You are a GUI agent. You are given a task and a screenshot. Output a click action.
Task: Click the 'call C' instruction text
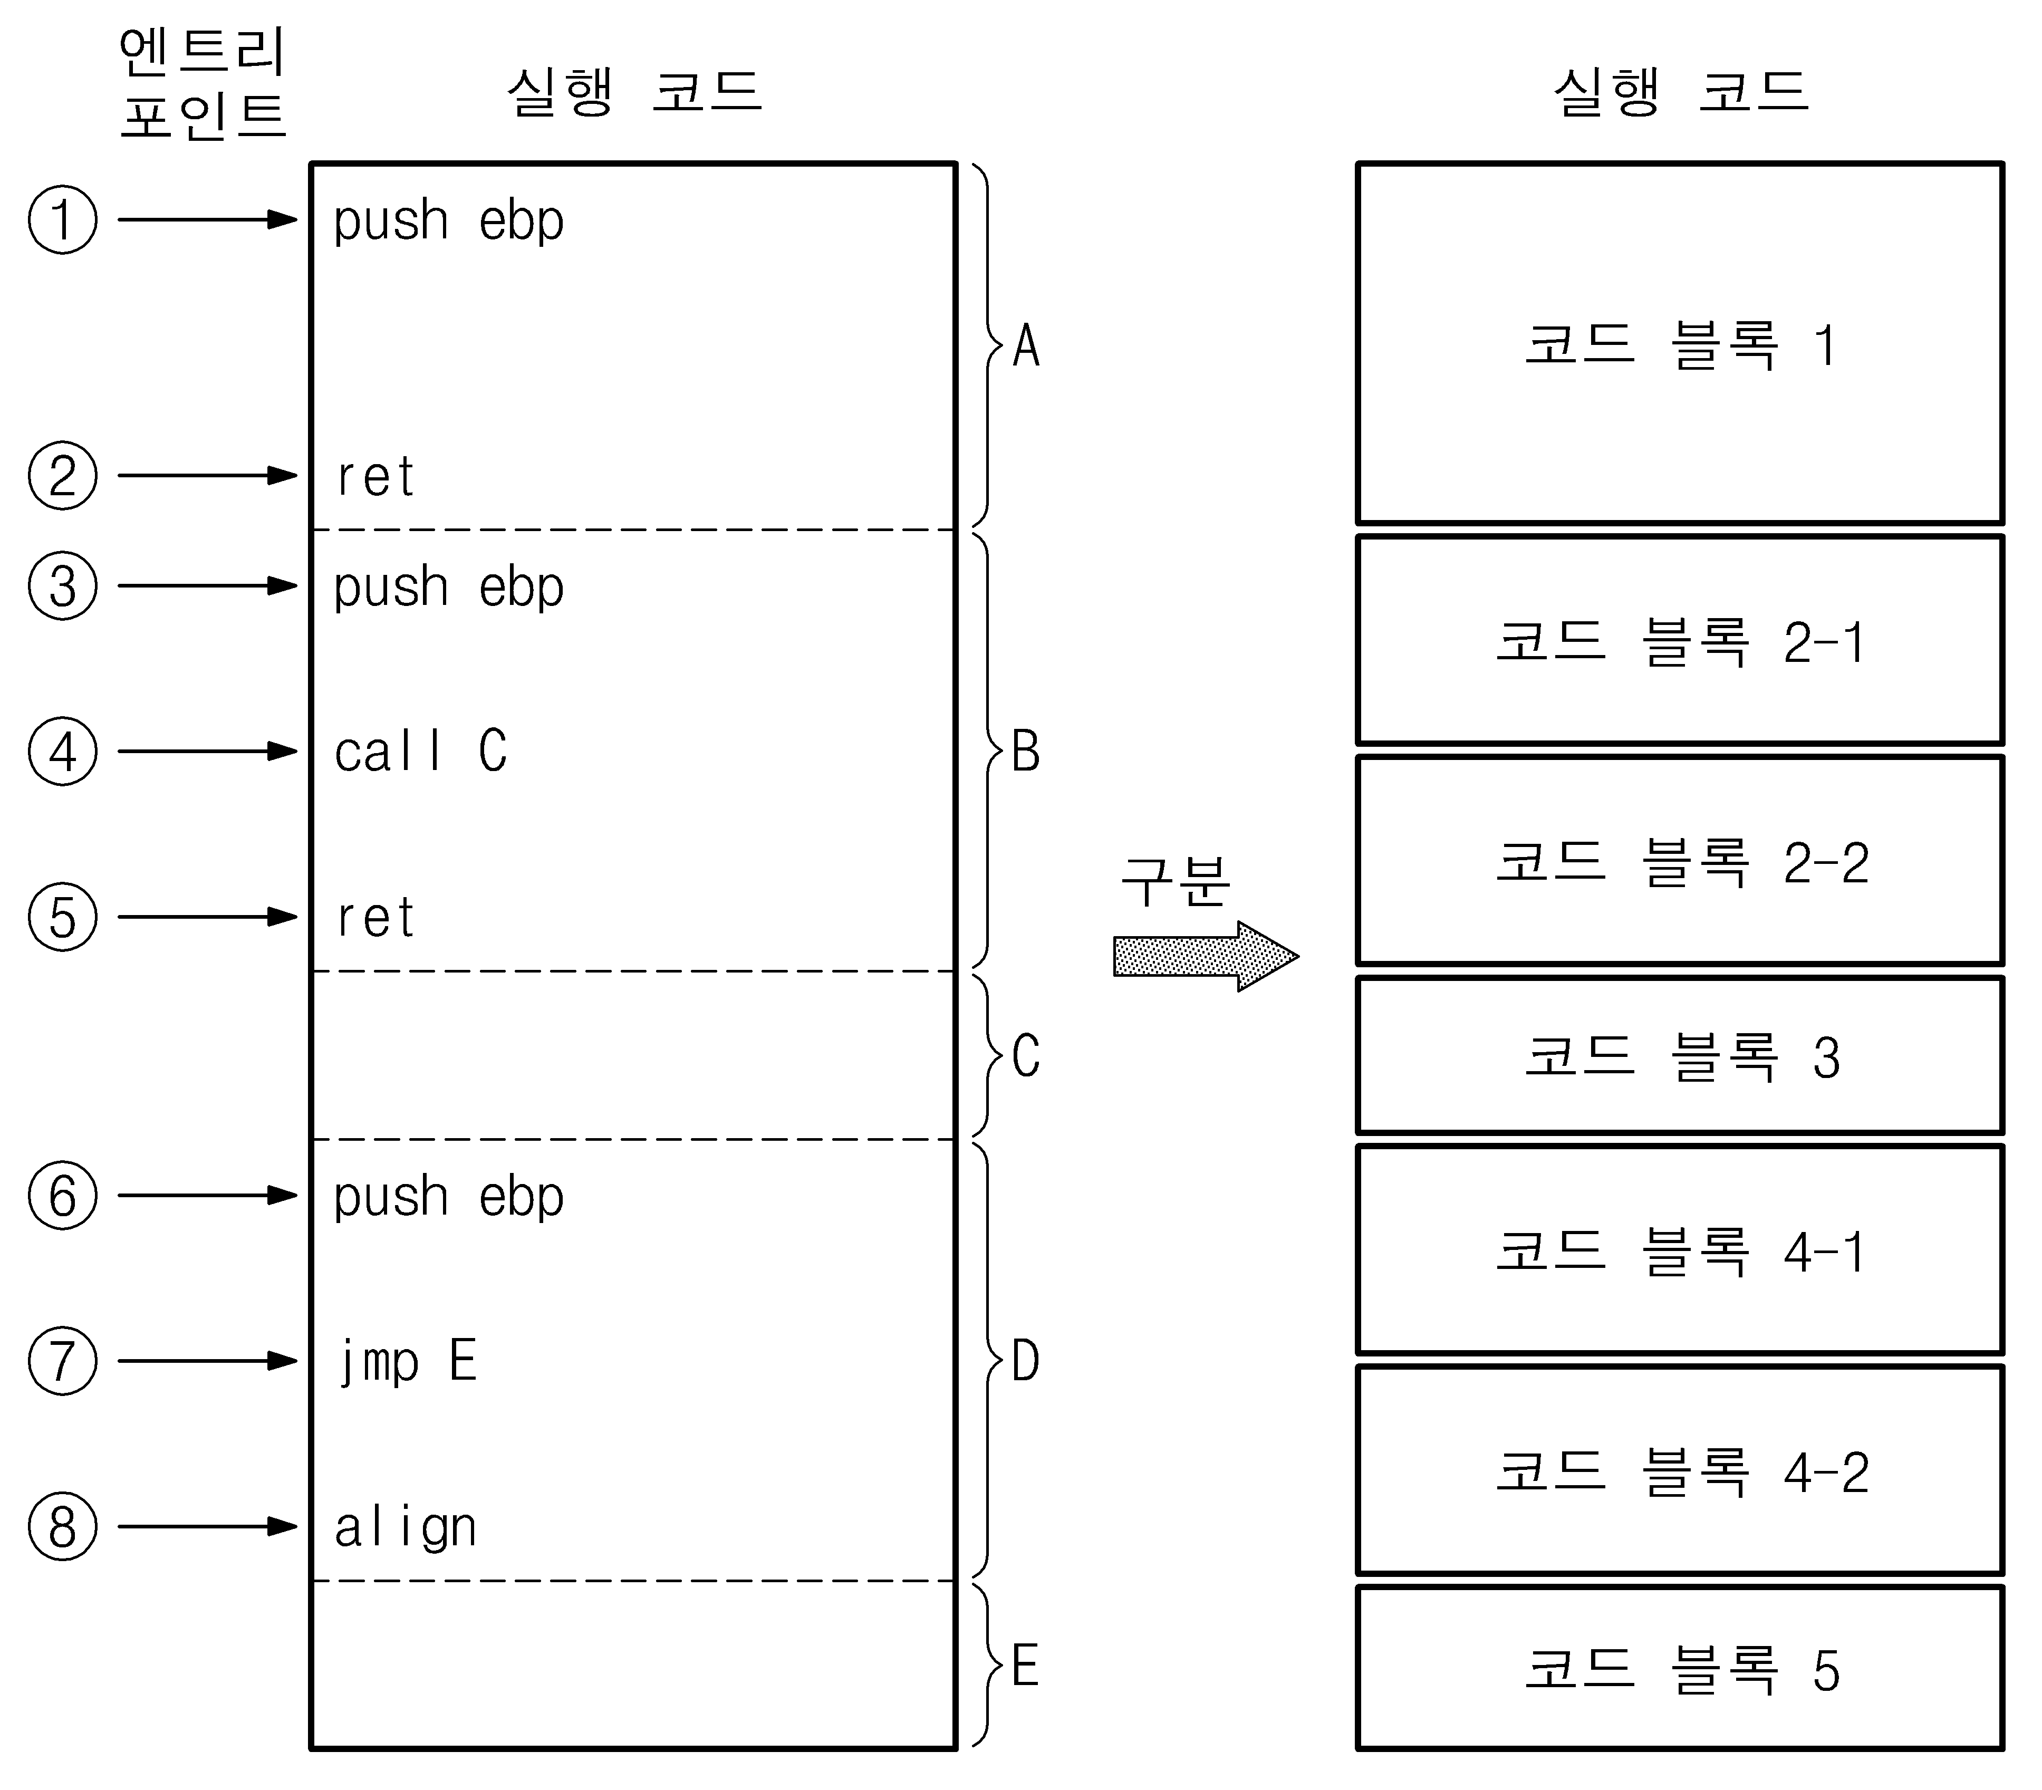click(421, 751)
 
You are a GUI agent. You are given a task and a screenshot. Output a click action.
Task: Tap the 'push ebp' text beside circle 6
click(449, 1197)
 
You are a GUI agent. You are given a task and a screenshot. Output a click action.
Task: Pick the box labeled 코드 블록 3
click(1679, 1056)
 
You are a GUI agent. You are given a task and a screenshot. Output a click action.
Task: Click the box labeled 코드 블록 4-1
click(1679, 1249)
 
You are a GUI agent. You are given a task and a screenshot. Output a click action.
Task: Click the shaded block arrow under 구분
click(1206, 956)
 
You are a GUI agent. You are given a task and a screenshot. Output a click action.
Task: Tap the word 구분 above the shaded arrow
click(1175, 881)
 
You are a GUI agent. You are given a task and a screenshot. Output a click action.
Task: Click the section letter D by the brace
click(1026, 1361)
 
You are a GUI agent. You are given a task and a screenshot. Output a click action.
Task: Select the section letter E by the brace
click(1025, 1666)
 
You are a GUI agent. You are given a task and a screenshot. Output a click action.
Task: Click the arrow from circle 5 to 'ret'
click(208, 917)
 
